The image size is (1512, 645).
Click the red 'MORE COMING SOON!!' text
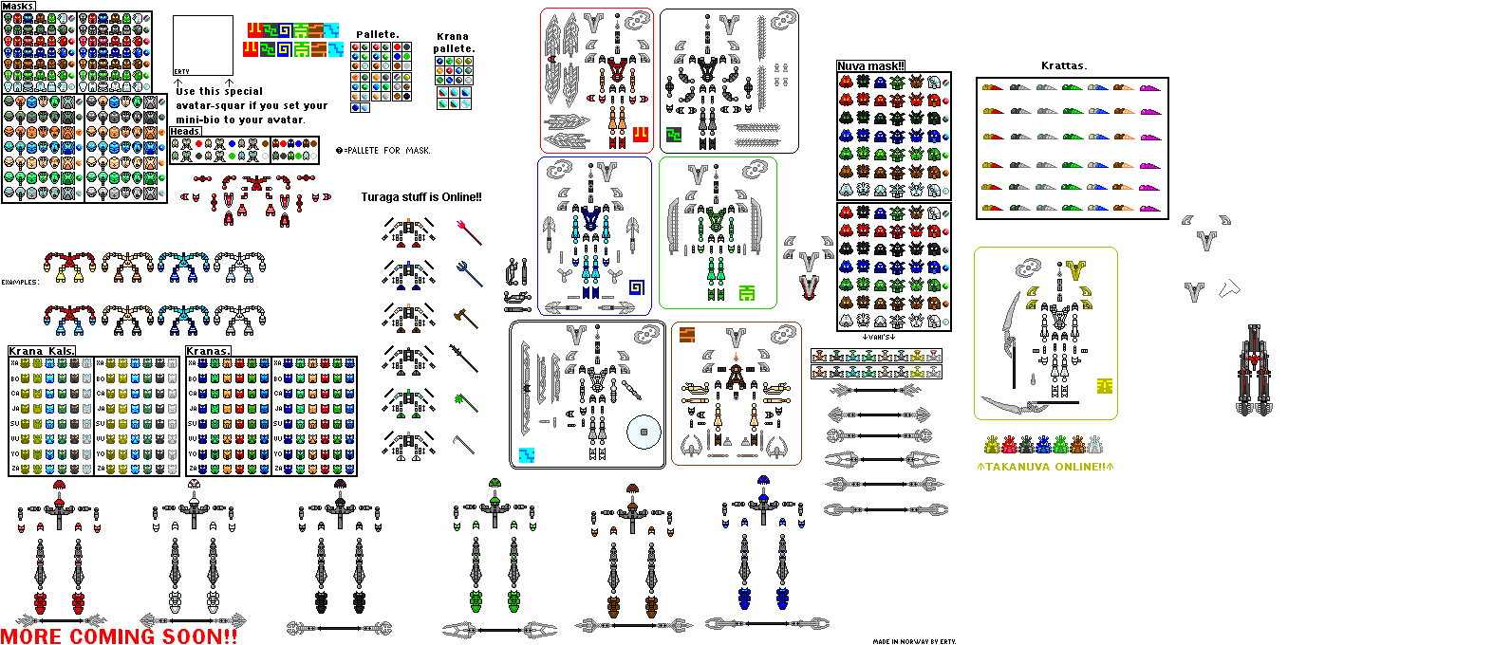tap(120, 636)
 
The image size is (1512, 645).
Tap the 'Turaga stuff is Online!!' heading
tap(421, 197)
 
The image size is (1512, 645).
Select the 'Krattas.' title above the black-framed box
tap(1064, 65)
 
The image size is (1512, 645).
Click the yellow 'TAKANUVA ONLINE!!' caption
tap(1045, 467)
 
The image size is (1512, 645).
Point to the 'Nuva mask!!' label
tap(870, 66)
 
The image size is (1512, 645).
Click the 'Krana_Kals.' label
tap(42, 351)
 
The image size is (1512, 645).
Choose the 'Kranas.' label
tap(208, 351)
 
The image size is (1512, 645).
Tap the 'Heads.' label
tap(185, 132)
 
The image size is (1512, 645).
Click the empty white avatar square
tap(203, 44)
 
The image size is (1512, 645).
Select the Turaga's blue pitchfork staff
tap(469, 272)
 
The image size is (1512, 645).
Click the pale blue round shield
tap(644, 432)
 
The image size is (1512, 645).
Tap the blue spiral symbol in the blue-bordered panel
tap(637, 287)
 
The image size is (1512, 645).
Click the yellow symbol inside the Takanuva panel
tap(1104, 386)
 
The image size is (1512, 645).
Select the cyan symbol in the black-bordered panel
tap(527, 455)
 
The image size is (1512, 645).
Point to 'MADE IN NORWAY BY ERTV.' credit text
tap(914, 642)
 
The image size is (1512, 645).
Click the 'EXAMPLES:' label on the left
tap(20, 282)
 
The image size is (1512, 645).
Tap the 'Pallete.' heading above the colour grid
tap(377, 34)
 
